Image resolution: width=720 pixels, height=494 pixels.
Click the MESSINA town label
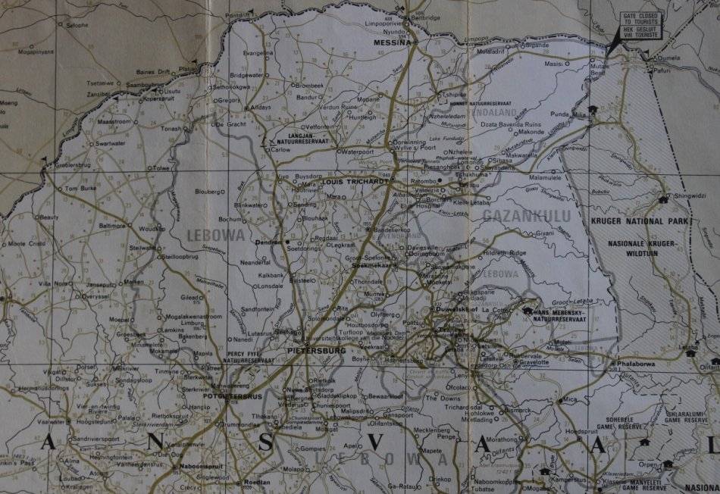392,43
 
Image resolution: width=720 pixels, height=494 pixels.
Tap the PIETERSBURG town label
318,351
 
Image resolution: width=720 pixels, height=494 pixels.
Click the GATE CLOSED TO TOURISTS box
640,25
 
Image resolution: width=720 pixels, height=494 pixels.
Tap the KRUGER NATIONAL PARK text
639,221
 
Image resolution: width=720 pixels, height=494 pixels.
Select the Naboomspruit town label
200,467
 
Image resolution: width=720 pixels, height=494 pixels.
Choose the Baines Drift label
155,72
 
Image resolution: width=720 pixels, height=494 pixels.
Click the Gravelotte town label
534,361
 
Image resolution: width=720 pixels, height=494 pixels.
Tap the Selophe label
77,25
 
